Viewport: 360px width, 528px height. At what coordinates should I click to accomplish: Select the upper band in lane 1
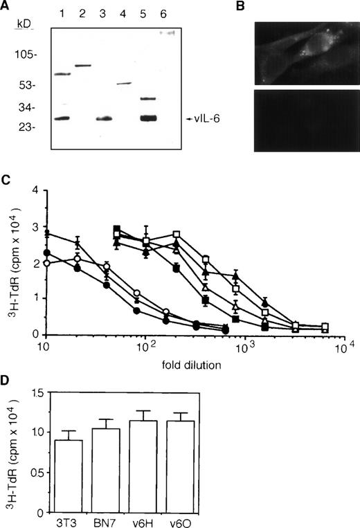pos(63,74)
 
